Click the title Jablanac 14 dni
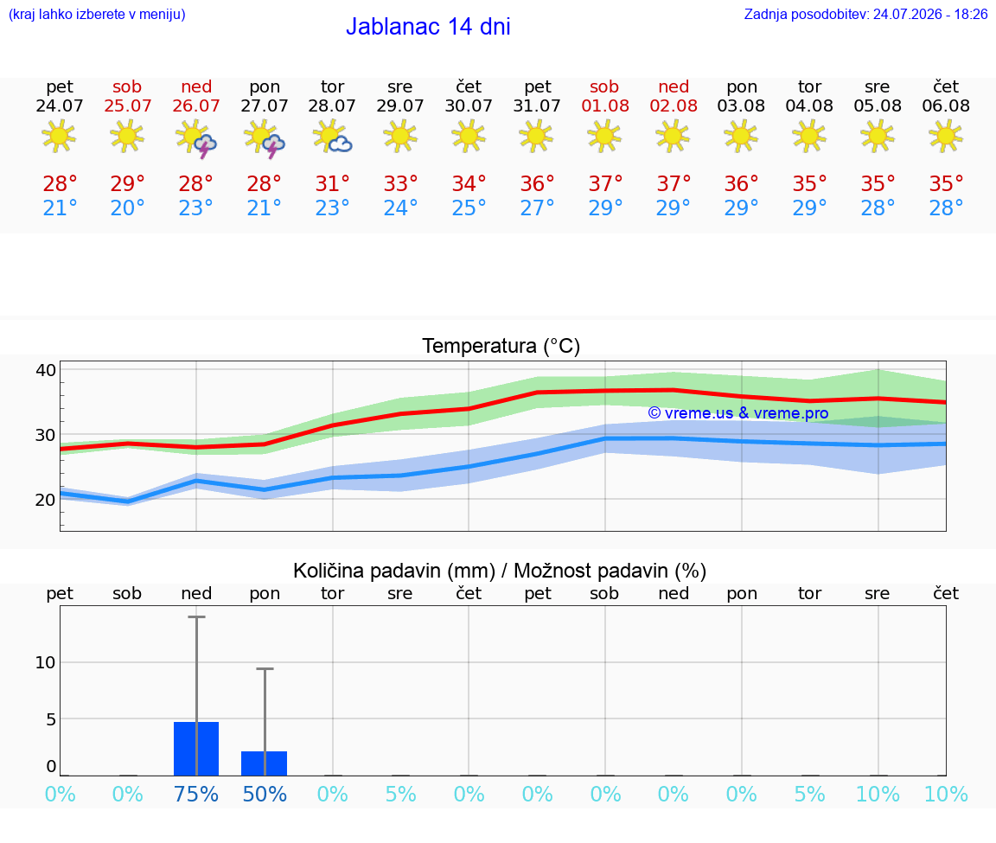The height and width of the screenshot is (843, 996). pyautogui.click(x=428, y=27)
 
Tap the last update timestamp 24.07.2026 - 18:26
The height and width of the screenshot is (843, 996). pyautogui.click(x=930, y=15)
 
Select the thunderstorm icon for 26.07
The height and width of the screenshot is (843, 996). pyautogui.click(x=196, y=138)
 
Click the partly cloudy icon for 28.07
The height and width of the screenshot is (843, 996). pyautogui.click(x=332, y=137)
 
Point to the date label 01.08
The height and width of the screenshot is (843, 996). pyautogui.click(x=605, y=106)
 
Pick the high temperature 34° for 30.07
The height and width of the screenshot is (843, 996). pyautogui.click(x=469, y=184)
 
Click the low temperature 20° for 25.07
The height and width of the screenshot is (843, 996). pyautogui.click(x=128, y=208)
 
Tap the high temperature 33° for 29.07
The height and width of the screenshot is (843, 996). pyautogui.click(x=401, y=184)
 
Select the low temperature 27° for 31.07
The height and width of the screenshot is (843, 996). pyautogui.click(x=538, y=208)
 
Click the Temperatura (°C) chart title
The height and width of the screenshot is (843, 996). pyautogui.click(x=501, y=346)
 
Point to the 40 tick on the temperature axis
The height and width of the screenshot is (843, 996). pyautogui.click(x=46, y=370)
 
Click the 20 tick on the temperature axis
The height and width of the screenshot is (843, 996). pyautogui.click(x=46, y=500)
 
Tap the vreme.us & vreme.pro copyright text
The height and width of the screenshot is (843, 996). pyautogui.click(x=738, y=413)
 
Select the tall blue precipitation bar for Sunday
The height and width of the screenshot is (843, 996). pyautogui.click(x=196, y=749)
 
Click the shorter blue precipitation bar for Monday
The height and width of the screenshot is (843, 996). pyautogui.click(x=265, y=763)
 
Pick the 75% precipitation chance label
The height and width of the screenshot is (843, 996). pyautogui.click(x=196, y=794)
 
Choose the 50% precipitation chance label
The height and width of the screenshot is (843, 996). pyautogui.click(x=265, y=794)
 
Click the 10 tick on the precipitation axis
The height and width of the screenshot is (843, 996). pyautogui.click(x=46, y=662)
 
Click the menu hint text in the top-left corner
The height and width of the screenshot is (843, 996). pyautogui.click(x=97, y=15)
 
